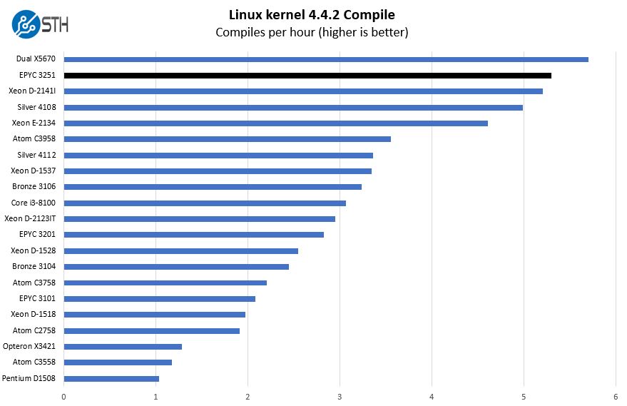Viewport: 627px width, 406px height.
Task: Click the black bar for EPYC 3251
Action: coord(307,75)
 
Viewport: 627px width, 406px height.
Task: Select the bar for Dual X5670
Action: coord(326,59)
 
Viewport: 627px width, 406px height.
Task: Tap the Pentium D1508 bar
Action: coord(111,378)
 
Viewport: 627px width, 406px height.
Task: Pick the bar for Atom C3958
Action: coord(228,139)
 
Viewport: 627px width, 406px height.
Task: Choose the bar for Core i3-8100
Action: coord(205,203)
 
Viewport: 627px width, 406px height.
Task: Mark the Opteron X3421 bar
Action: coord(123,346)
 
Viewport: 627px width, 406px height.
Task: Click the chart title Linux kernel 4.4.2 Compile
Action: coord(312,14)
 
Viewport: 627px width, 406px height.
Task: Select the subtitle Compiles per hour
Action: coord(312,32)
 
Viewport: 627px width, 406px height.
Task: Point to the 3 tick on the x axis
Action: coord(340,396)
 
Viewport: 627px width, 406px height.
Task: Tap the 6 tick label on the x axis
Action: coord(615,396)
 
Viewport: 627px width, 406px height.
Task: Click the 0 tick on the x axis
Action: coord(64,396)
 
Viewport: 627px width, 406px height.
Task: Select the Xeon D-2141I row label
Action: coord(32,91)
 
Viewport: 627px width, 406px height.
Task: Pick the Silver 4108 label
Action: coord(37,107)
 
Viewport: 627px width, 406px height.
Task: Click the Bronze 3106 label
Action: coord(34,186)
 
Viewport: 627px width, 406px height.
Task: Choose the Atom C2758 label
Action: coord(35,330)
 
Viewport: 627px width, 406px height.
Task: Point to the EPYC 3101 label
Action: coord(38,298)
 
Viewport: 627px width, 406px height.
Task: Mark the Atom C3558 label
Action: coord(35,362)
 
